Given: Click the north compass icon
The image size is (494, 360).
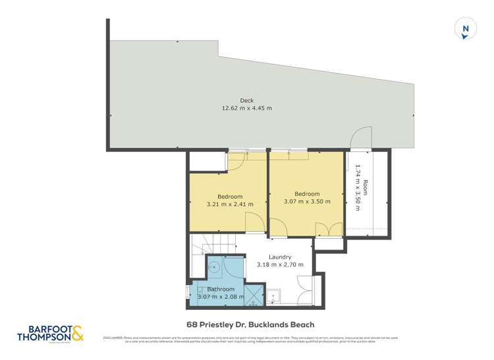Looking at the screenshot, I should tap(466, 30).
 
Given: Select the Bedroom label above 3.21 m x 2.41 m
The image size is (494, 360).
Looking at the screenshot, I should tap(230, 197).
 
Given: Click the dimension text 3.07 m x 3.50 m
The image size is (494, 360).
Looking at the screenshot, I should tap(307, 202).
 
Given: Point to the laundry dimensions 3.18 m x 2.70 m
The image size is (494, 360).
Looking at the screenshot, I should tap(280, 265).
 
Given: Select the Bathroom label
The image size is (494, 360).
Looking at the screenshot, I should tap(221, 289).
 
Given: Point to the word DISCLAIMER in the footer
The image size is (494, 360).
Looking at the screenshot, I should tap(113, 338).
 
